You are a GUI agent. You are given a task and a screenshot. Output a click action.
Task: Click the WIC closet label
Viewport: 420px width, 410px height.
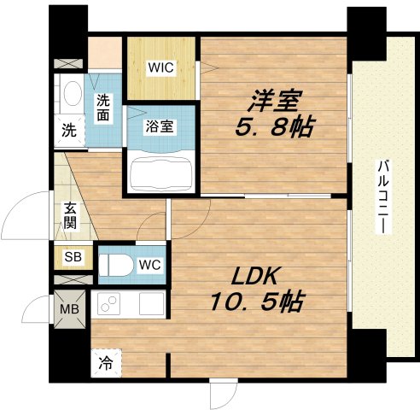click(x=161, y=66)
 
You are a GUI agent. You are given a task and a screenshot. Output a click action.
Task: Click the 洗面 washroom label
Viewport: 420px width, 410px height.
click(x=102, y=106)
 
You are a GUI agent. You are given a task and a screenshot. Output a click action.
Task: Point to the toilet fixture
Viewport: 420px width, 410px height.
click(x=115, y=265)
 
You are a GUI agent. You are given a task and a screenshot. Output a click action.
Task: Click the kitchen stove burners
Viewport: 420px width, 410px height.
click(x=109, y=303)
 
